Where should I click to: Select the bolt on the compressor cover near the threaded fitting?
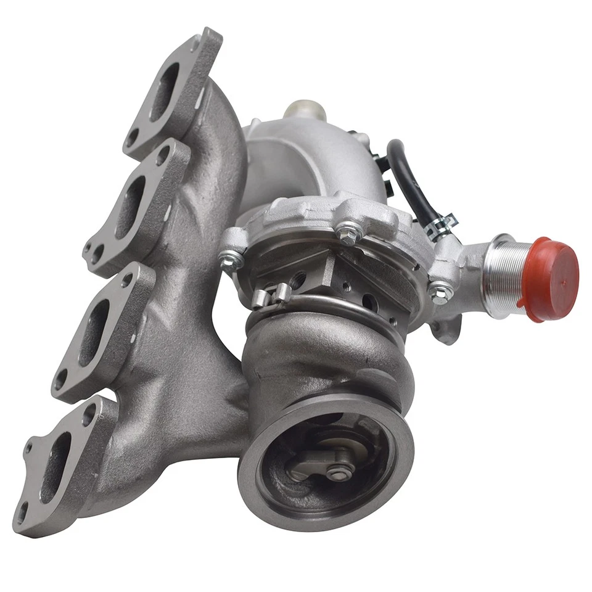point(440,291)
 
